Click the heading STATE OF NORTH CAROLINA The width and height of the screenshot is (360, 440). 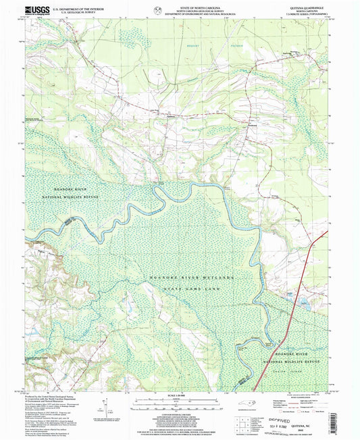180,6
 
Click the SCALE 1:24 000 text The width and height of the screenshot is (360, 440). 180,394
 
